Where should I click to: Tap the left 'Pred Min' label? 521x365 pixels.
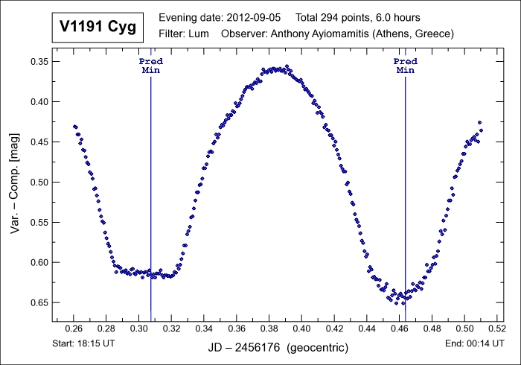click(x=151, y=66)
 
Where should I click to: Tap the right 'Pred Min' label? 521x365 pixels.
click(x=405, y=66)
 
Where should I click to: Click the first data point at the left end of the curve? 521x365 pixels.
click(x=74, y=127)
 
